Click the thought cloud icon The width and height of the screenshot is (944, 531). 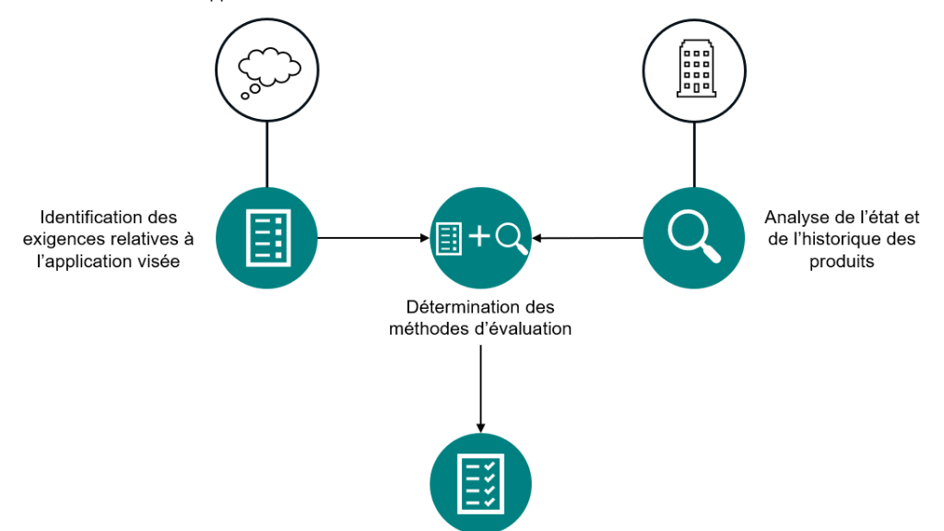point(266,69)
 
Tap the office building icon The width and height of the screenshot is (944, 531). point(693,69)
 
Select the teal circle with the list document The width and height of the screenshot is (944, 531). point(266,237)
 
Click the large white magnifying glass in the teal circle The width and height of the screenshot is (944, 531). point(692,236)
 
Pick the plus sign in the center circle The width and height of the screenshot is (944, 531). point(479,237)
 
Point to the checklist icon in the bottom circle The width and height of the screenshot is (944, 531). point(480,482)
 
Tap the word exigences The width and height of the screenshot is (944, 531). point(74,240)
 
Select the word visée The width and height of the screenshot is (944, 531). point(158,262)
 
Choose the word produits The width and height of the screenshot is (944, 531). point(842,262)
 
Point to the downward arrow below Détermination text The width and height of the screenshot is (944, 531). point(480,387)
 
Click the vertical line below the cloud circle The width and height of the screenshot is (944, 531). point(266,153)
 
